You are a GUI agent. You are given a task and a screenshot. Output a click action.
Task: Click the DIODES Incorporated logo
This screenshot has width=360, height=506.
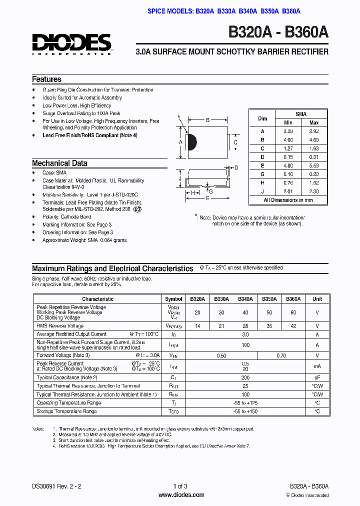tap(72, 43)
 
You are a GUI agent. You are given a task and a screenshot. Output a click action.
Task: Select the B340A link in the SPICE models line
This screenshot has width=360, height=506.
tap(248, 11)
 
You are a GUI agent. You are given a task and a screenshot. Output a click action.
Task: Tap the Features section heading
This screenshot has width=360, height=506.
tap(46, 79)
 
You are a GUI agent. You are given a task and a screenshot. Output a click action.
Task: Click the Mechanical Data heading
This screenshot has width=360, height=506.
tap(59, 163)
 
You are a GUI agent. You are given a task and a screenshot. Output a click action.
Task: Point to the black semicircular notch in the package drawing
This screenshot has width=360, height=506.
tap(191, 142)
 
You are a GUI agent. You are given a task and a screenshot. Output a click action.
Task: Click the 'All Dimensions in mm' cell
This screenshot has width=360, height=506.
tap(288, 200)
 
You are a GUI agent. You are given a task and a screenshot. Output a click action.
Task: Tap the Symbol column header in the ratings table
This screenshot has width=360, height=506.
tap(173, 299)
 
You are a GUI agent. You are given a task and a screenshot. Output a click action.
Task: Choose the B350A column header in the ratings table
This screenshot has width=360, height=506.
tap(269, 299)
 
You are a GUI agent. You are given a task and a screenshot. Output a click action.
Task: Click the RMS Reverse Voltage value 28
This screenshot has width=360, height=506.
tap(245, 326)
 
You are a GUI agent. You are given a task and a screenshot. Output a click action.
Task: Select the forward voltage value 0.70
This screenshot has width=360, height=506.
tap(281, 355)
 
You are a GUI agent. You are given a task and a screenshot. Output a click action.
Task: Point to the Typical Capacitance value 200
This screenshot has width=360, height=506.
tap(245, 377)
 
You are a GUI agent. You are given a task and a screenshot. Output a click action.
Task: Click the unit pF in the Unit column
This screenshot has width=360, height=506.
tap(317, 377)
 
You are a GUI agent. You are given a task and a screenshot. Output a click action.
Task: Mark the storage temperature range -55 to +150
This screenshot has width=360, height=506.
tap(245, 411)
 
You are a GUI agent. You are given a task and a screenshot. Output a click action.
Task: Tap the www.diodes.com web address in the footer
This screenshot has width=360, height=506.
tap(181, 495)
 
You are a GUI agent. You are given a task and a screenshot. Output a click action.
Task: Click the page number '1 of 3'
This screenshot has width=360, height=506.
tap(180, 486)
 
